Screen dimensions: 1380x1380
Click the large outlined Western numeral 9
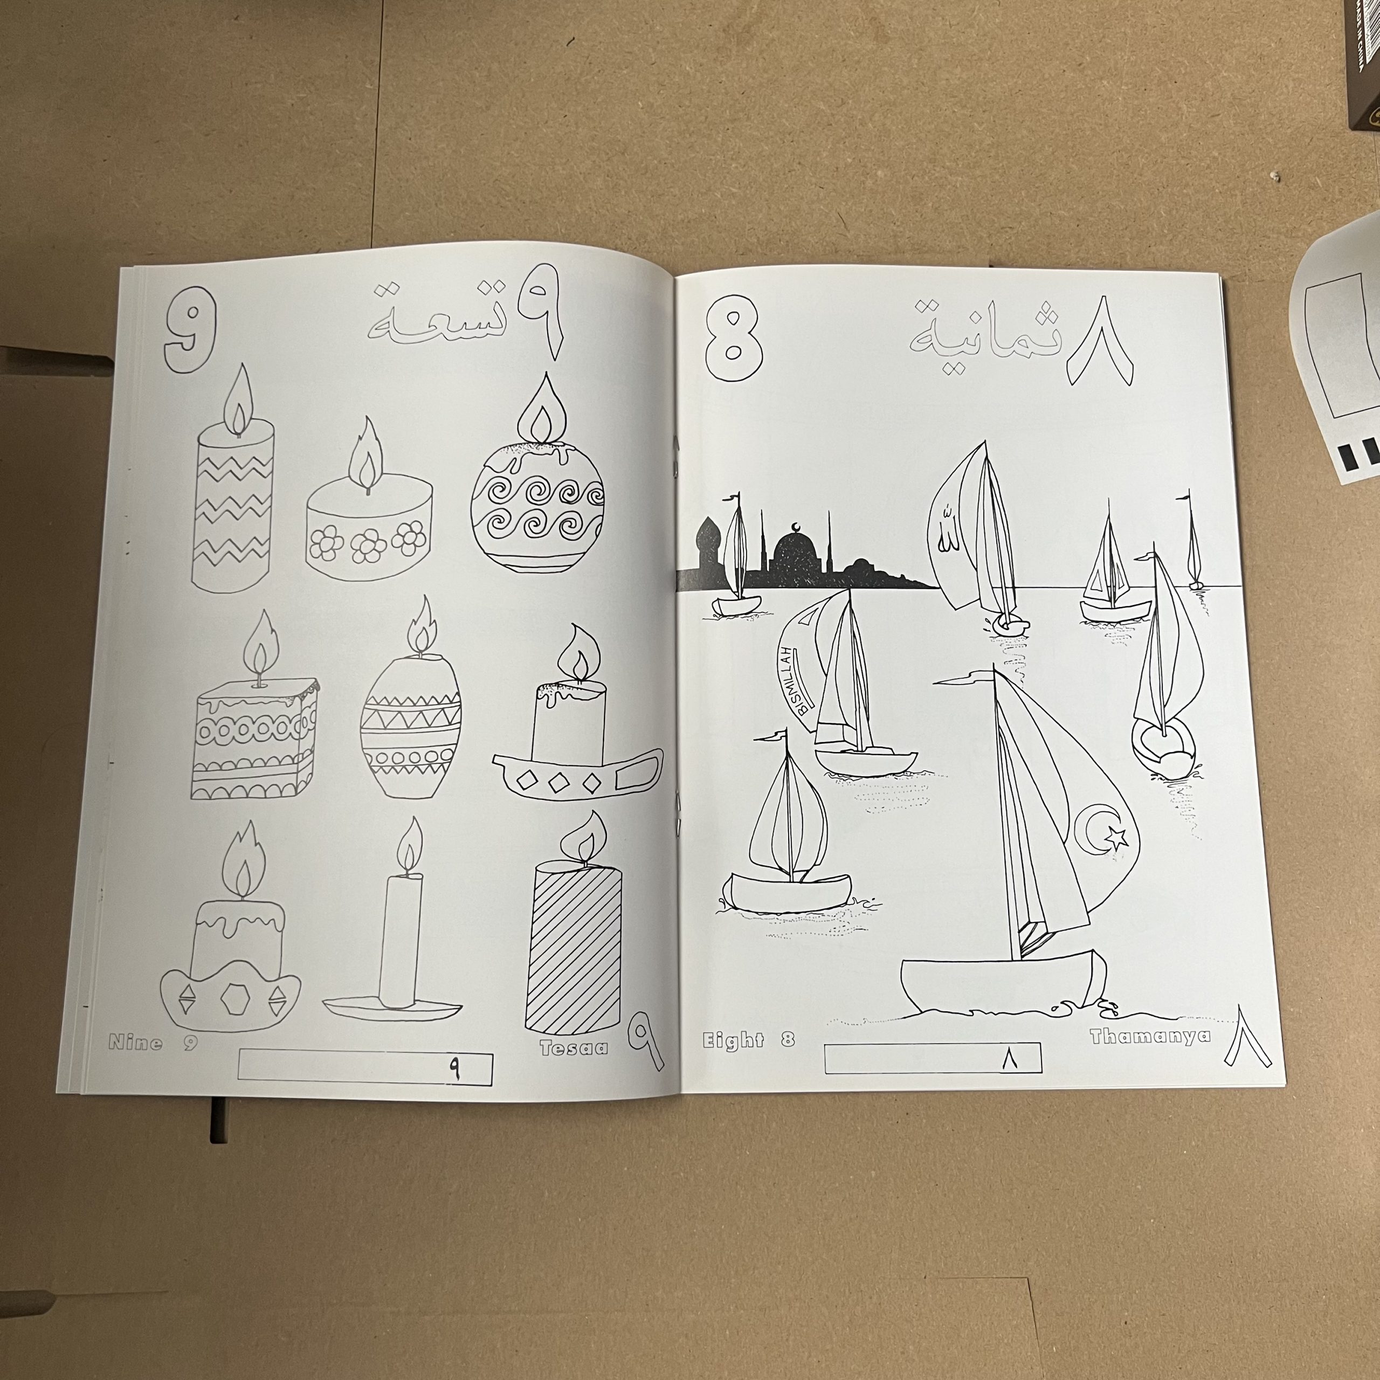point(189,329)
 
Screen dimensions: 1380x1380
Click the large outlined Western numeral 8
point(734,334)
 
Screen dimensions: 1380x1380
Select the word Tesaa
point(574,1048)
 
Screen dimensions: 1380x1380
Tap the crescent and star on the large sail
point(1105,830)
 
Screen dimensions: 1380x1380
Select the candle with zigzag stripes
point(233,479)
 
